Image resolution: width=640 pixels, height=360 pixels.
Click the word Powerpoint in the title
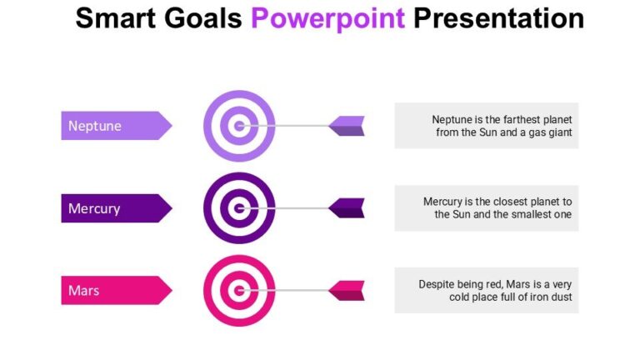328,17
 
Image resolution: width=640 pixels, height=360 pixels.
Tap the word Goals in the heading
203,17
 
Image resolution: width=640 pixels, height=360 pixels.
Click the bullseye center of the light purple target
239,126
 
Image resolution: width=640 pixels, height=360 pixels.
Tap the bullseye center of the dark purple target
239,208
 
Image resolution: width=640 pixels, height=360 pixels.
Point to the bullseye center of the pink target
239,291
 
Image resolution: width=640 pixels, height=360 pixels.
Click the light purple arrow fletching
347,126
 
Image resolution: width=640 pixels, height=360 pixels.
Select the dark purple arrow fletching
347,208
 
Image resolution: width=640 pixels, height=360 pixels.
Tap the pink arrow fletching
347,291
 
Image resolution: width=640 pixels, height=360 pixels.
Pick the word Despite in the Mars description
436,284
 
